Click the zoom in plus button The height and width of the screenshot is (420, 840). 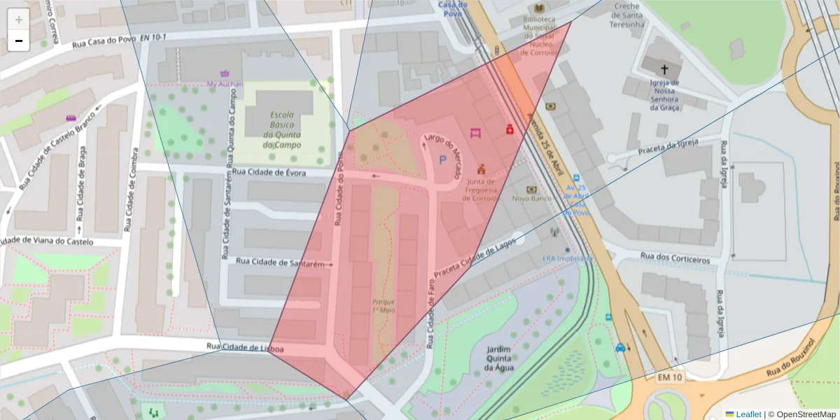(x=19, y=20)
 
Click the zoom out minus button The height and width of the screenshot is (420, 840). (x=19, y=41)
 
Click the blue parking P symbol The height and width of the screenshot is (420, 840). (x=442, y=160)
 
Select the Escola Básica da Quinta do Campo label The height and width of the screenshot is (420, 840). (x=282, y=130)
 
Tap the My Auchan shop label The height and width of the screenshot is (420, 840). (x=225, y=83)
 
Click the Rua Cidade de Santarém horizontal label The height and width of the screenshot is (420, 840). (x=281, y=262)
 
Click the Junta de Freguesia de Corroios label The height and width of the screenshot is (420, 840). (x=480, y=189)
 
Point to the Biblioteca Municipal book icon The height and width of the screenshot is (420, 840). (x=538, y=8)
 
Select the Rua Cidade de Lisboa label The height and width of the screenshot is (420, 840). (x=245, y=347)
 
